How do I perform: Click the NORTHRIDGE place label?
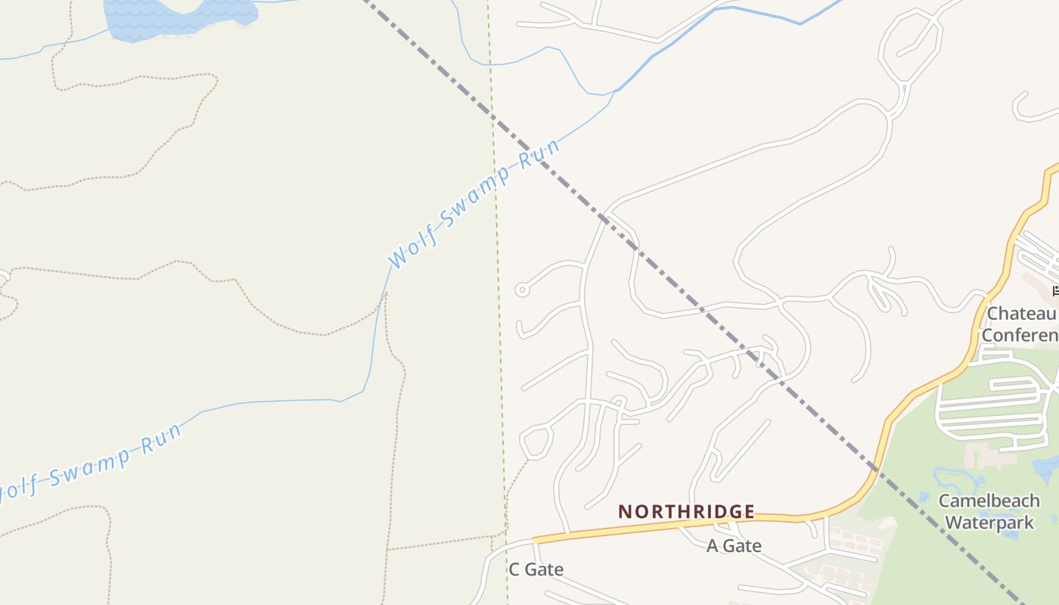pyautogui.click(x=686, y=512)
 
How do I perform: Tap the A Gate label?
pyautogui.click(x=734, y=546)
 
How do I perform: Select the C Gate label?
pyautogui.click(x=536, y=569)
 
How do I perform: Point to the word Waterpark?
pyautogui.click(x=989, y=522)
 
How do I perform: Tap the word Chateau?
pyautogui.click(x=1021, y=314)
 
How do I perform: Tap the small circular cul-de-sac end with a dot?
pyautogui.click(x=521, y=290)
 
